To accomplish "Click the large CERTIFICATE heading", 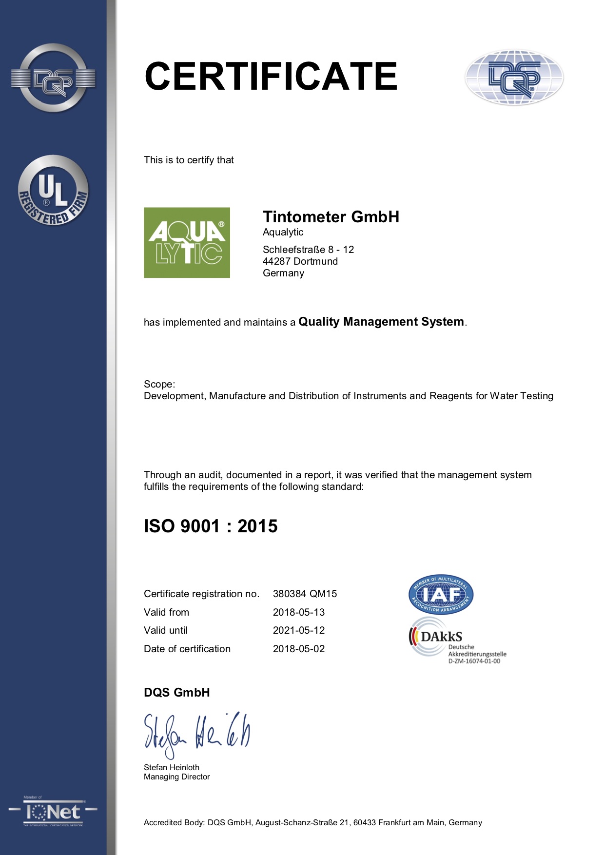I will point(271,76).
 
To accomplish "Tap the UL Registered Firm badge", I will point(53,191).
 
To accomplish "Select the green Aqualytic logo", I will point(187,243).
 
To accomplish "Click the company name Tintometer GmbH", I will point(331,217).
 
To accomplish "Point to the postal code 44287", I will point(276,261).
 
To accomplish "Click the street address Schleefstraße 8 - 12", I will point(308,250).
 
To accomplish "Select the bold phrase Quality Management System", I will point(381,322).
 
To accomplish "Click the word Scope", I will point(158,384).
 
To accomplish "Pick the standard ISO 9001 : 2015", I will point(211,526).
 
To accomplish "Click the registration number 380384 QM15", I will point(305,594).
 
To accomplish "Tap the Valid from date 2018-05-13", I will point(298,612).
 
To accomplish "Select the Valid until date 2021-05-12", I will point(298,630).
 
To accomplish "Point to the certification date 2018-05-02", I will point(298,649).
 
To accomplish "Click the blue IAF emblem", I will point(441,594).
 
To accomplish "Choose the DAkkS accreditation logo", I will point(457,641).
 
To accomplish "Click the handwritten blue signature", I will point(196,734).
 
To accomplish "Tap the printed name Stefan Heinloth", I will point(171,767).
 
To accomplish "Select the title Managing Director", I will point(176,777).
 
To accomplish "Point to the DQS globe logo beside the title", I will point(514,78).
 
